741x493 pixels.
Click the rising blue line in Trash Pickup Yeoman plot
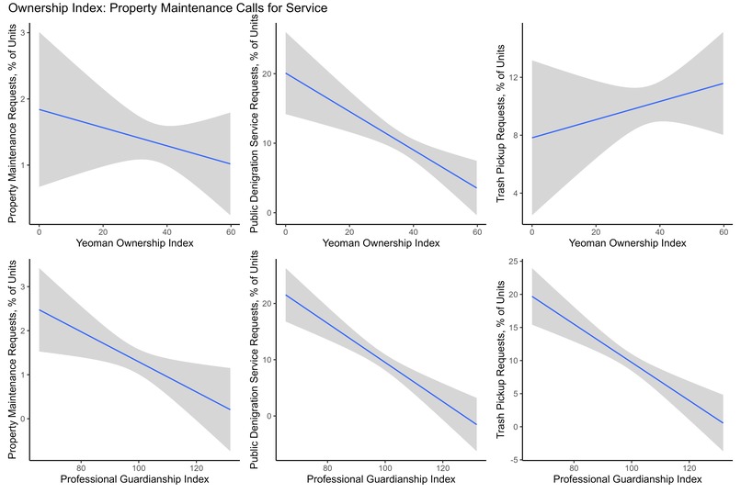pos(627,110)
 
